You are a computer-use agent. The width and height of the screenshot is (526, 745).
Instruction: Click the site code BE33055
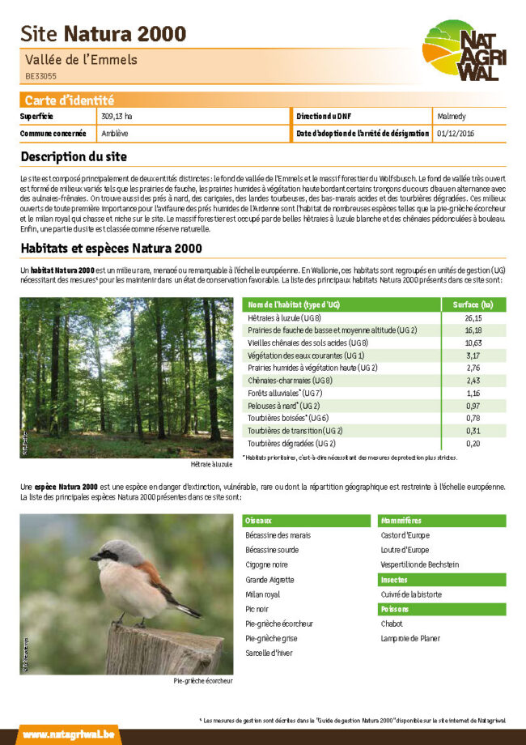[40, 76]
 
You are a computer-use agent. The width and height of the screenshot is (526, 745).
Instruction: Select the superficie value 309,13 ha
[117, 117]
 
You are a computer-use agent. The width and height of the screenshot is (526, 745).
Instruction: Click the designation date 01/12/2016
[456, 133]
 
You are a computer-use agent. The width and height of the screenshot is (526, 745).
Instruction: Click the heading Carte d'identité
[69, 100]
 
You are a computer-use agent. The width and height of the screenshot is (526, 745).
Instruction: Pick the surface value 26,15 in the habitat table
[473, 318]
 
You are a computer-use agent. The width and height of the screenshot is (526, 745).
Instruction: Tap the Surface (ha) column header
[473, 304]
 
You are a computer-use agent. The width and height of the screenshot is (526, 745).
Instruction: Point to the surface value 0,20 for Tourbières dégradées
[473, 444]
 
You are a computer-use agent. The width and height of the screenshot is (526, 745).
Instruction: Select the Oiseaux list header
[259, 521]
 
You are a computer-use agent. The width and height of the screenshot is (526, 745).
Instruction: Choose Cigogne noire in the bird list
[266, 565]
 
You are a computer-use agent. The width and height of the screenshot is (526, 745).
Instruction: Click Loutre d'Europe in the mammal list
[405, 551]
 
